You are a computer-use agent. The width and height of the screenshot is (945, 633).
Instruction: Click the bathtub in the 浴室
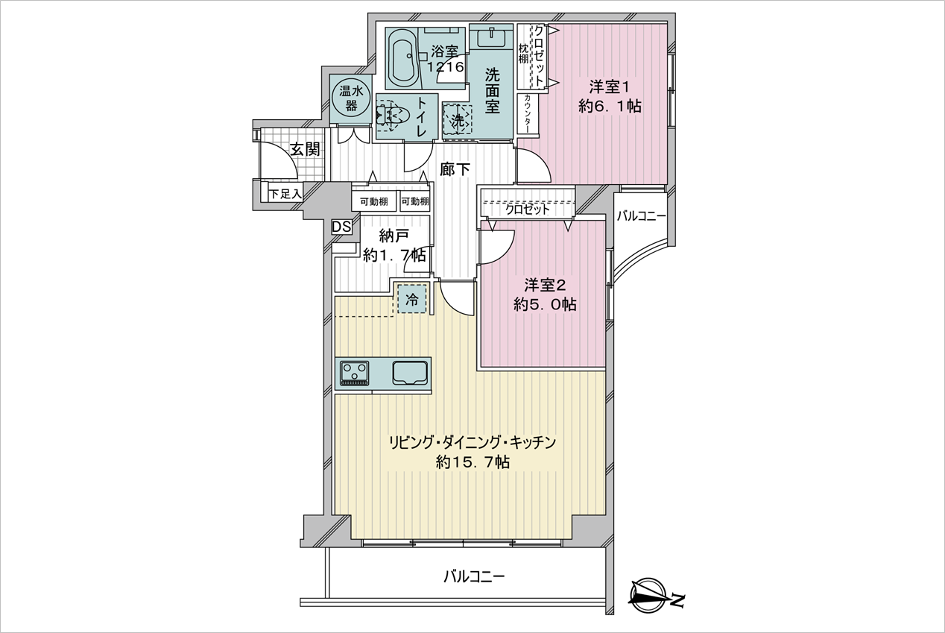(402, 58)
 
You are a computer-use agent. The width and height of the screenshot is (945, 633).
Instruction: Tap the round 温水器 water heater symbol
(352, 98)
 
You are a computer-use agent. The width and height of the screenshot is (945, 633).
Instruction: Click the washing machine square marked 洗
(457, 119)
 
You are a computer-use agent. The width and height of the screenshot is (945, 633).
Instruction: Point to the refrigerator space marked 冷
(412, 299)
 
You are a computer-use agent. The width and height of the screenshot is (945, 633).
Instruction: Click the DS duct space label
(341, 227)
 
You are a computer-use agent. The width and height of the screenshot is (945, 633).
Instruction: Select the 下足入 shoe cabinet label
(285, 194)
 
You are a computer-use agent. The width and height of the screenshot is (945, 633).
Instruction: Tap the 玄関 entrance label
(305, 149)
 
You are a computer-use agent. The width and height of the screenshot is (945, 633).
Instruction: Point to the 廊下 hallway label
(455, 170)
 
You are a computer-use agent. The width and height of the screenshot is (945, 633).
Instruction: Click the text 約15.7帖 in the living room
(472, 462)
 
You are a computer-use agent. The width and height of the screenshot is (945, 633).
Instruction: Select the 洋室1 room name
(609, 87)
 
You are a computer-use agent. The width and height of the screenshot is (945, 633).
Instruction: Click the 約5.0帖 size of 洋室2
(545, 304)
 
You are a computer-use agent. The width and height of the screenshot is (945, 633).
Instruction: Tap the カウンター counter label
(528, 113)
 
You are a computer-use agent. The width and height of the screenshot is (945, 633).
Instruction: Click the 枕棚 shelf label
(523, 54)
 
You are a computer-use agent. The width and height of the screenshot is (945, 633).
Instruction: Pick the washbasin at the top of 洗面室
(491, 37)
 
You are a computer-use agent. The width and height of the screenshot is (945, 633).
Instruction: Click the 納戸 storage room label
(394, 236)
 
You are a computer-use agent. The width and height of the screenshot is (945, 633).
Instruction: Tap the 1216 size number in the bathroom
(446, 66)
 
